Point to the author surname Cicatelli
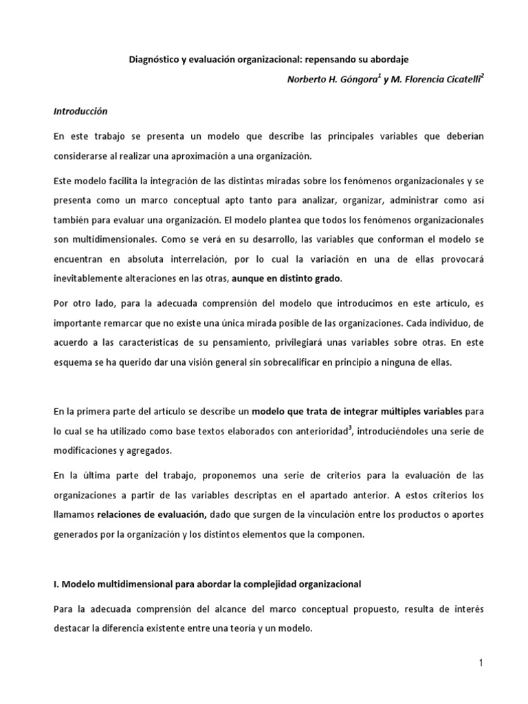click(x=456, y=80)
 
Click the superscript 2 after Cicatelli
click(x=482, y=76)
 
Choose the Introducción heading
click(x=80, y=110)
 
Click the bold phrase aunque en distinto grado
click(x=286, y=278)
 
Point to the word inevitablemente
click(x=87, y=278)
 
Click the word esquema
click(x=72, y=363)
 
